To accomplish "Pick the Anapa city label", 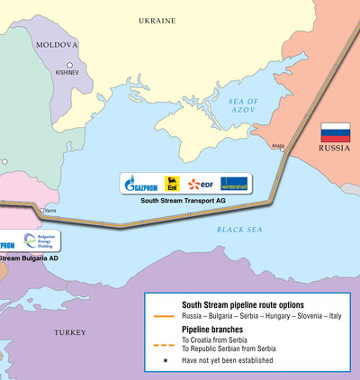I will pos(277,144).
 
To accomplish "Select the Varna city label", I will pos(50,211).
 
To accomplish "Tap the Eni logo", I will pos(172,184).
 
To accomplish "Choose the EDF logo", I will pos(200,184).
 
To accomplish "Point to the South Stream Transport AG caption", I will pos(184,201).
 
